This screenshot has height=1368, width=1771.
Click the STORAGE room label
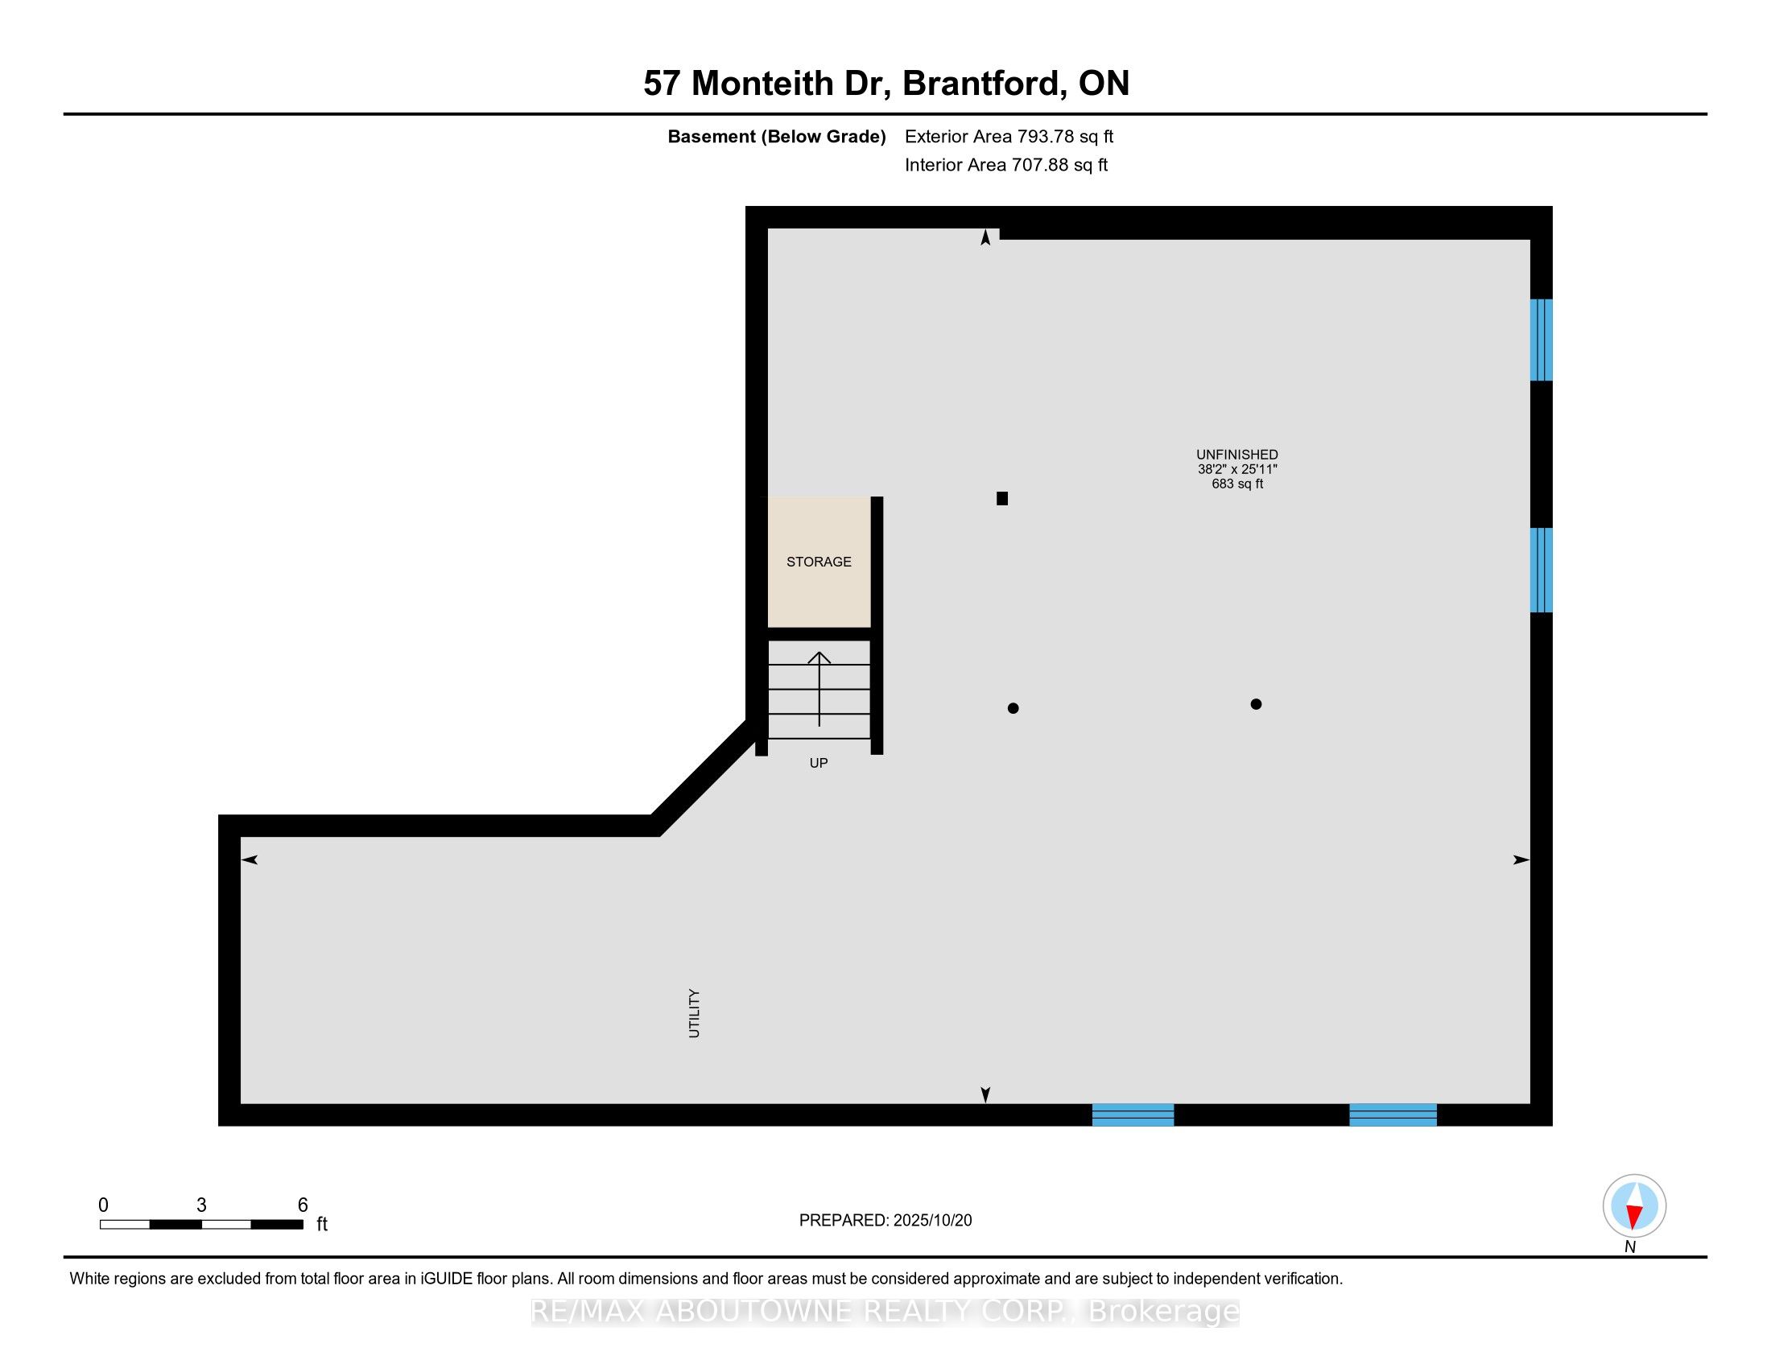[818, 562]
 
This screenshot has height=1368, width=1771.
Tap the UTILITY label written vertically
[694, 1013]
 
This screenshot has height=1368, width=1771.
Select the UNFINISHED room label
[1236, 455]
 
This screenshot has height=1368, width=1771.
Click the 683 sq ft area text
[1236, 484]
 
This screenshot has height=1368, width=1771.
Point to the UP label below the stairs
[818, 763]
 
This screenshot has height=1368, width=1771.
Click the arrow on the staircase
[819, 689]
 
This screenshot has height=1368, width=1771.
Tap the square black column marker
[1002, 499]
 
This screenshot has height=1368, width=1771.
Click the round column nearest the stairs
[1013, 708]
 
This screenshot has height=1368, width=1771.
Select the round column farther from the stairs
[1256, 704]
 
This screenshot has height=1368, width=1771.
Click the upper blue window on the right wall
[1541, 340]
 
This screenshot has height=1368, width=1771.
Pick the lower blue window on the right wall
[1541, 570]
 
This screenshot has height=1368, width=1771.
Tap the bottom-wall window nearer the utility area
[1133, 1115]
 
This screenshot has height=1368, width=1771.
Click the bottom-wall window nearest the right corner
[1393, 1115]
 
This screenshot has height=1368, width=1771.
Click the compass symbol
[1634, 1206]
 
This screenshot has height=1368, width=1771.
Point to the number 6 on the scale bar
[303, 1205]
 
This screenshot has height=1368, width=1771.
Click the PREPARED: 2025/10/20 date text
[885, 1221]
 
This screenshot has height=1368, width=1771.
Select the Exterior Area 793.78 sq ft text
[1009, 136]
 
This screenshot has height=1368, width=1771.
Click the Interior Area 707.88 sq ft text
[1005, 164]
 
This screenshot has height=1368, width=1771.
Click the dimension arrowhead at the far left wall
[249, 860]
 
